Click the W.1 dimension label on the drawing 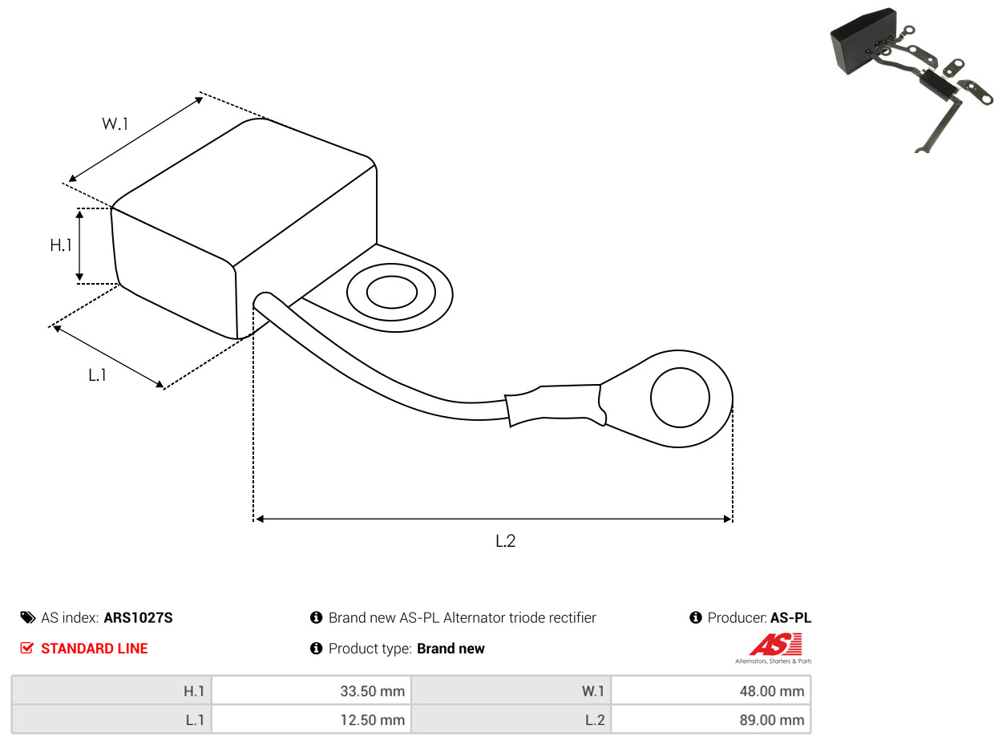click(x=115, y=123)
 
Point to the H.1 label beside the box click(x=61, y=245)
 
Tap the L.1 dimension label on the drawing click(x=97, y=375)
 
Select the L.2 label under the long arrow click(x=505, y=541)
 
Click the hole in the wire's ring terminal click(x=680, y=398)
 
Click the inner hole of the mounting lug click(x=392, y=292)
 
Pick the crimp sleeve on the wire click(x=556, y=405)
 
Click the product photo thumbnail click(x=911, y=80)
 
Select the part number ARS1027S click(x=138, y=618)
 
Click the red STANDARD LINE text click(x=95, y=649)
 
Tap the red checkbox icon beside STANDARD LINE click(x=27, y=648)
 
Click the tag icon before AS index click(x=27, y=618)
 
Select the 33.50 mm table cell click(x=311, y=691)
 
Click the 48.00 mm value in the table click(x=772, y=691)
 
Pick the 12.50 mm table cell click(x=311, y=720)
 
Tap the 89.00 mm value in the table click(x=772, y=720)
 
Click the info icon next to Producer click(x=696, y=617)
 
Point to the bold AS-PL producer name click(x=790, y=618)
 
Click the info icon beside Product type click(x=316, y=649)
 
